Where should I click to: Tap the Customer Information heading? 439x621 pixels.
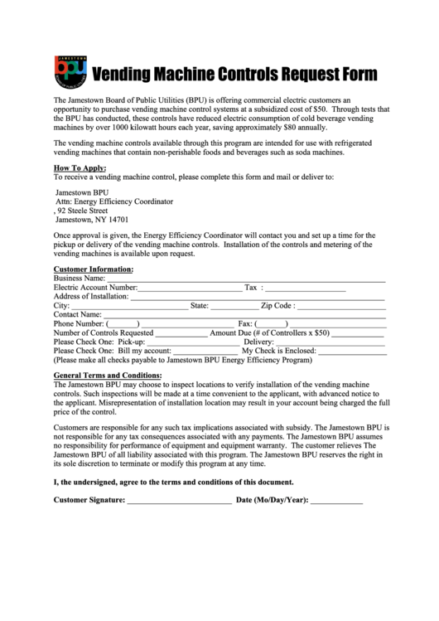point(93,269)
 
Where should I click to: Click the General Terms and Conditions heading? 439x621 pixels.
point(107,376)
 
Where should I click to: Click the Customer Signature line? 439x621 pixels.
point(180,502)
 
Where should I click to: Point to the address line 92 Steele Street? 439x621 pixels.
point(84,211)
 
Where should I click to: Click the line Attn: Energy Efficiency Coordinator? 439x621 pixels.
point(113,201)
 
